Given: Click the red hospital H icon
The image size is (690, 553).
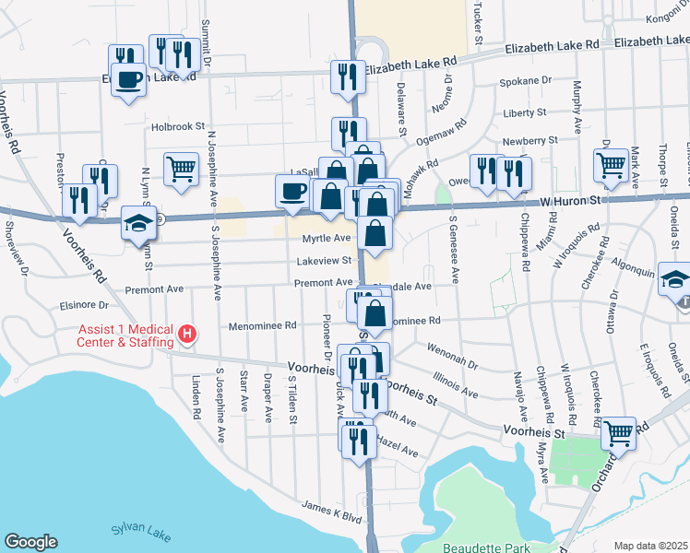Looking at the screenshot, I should [x=187, y=333].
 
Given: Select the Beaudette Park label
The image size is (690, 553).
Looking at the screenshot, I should [x=486, y=547].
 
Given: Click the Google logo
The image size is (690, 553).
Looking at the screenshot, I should [x=30, y=542].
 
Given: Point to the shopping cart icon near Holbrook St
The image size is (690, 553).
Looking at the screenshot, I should [x=181, y=167].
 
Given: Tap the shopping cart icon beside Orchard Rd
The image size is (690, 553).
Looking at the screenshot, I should [x=619, y=430].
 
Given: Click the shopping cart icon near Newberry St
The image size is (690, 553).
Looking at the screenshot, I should [x=610, y=166].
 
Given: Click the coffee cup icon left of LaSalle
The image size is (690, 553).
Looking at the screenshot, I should [x=293, y=190].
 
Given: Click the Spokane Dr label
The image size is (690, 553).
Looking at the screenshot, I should [x=526, y=81].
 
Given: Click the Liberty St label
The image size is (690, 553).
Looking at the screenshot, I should [x=525, y=113].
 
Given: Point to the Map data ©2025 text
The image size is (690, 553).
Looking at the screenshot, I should [x=651, y=546].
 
